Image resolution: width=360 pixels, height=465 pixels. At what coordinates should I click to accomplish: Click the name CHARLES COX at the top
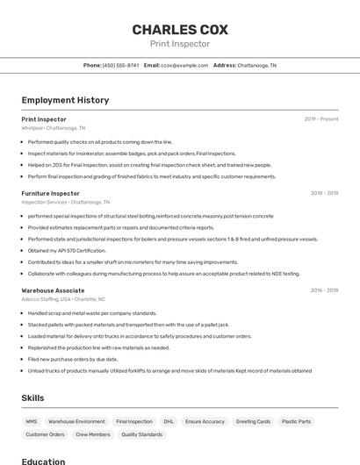pos(180,29)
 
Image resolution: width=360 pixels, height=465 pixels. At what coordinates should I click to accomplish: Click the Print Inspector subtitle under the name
pos(180,44)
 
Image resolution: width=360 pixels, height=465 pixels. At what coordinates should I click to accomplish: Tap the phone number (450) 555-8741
pos(120,65)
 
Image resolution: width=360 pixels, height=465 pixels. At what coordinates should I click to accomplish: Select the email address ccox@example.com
pos(184,65)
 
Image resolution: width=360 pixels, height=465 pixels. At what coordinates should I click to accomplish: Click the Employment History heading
pos(65,100)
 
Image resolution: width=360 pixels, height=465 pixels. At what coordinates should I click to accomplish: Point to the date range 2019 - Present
pos(321,118)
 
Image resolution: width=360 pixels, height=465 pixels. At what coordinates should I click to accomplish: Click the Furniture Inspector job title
pos(50,193)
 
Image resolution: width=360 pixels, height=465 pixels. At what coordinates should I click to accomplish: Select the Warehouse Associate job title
pos(53,290)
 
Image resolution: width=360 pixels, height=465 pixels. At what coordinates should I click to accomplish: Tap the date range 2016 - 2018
pos(324,290)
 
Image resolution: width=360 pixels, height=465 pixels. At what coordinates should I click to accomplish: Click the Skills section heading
pos(32,398)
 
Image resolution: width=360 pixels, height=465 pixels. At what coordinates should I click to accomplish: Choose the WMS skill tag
pos(32,421)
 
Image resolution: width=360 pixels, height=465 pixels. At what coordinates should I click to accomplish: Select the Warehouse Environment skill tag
pos(76,421)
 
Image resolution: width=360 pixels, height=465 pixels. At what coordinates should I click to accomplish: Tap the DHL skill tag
pos(169,421)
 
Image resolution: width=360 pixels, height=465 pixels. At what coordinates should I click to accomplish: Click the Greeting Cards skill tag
pos(253,421)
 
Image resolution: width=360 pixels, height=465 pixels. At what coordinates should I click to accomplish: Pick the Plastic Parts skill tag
pos(296,421)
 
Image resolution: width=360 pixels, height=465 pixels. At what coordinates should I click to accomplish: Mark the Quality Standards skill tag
pos(141,434)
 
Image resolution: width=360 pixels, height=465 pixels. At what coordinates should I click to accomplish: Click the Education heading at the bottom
pos(43,461)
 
